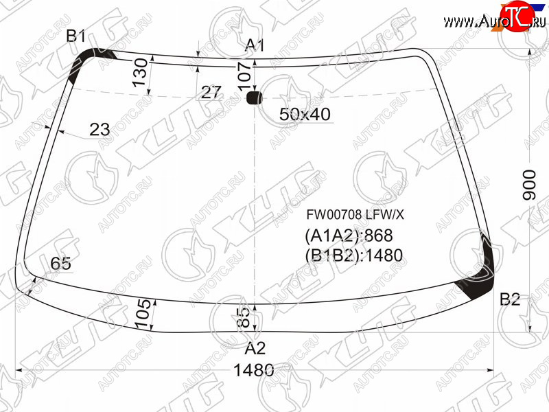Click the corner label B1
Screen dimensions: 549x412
[76, 36]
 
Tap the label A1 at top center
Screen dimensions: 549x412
[255, 45]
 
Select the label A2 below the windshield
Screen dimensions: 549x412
[255, 348]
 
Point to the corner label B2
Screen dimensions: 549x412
[510, 299]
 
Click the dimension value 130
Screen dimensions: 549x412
[140, 73]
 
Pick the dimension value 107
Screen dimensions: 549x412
[244, 77]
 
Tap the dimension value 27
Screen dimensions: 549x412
[211, 93]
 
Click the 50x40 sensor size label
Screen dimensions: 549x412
[305, 114]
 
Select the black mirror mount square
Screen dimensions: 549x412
[254, 98]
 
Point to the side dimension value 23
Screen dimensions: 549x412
[100, 129]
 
